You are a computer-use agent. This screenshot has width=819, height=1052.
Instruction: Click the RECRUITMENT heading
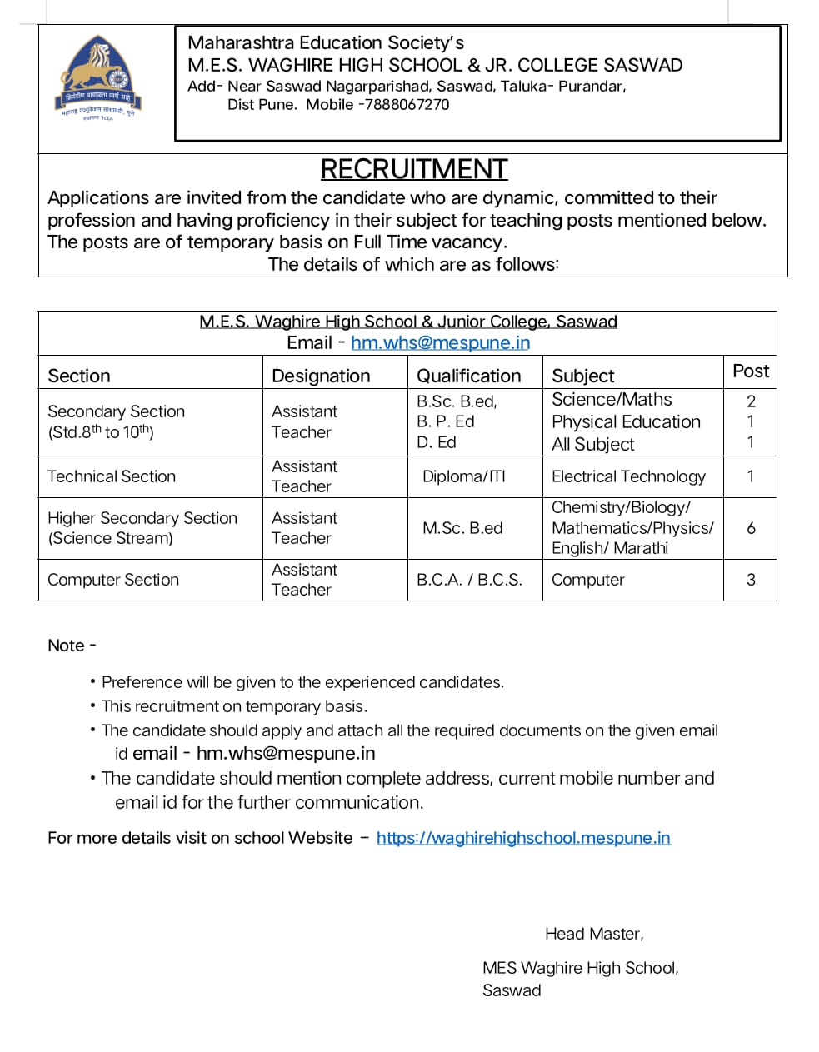pyautogui.click(x=413, y=169)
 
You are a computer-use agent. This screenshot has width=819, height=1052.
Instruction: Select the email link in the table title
pyautogui.click(x=440, y=342)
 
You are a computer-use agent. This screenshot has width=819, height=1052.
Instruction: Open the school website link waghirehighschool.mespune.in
pyautogui.click(x=523, y=838)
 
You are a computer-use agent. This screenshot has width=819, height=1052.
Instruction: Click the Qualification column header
pyautogui.click(x=468, y=376)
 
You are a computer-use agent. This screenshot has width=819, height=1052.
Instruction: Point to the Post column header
pyautogui.click(x=750, y=371)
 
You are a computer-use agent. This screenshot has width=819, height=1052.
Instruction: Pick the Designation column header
pyautogui.click(x=321, y=376)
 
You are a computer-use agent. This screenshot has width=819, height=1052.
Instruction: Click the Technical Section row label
pyautogui.click(x=112, y=476)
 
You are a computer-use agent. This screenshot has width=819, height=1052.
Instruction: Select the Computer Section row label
pyautogui.click(x=113, y=580)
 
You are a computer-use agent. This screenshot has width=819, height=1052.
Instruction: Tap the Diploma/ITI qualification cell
pyautogui.click(x=464, y=476)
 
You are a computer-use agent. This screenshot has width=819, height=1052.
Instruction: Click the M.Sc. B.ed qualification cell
pyautogui.click(x=462, y=528)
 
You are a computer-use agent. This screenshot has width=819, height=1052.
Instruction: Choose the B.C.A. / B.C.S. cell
pyautogui.click(x=469, y=580)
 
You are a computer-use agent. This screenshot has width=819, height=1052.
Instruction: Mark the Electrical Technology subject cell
pyautogui.click(x=628, y=476)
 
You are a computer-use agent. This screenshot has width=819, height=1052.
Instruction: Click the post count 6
pyautogui.click(x=751, y=528)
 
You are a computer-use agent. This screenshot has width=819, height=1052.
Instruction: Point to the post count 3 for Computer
pyautogui.click(x=751, y=580)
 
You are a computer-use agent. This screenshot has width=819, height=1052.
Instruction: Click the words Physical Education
pyautogui.click(x=626, y=422)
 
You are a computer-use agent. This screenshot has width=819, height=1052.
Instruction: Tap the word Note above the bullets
pyautogui.click(x=67, y=646)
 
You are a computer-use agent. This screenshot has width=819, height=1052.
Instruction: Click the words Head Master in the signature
pyautogui.click(x=593, y=934)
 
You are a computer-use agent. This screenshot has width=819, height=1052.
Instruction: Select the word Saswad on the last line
pyautogui.click(x=512, y=990)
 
